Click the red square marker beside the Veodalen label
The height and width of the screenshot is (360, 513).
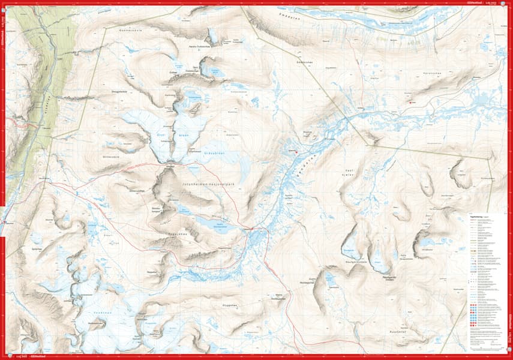[296, 152]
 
